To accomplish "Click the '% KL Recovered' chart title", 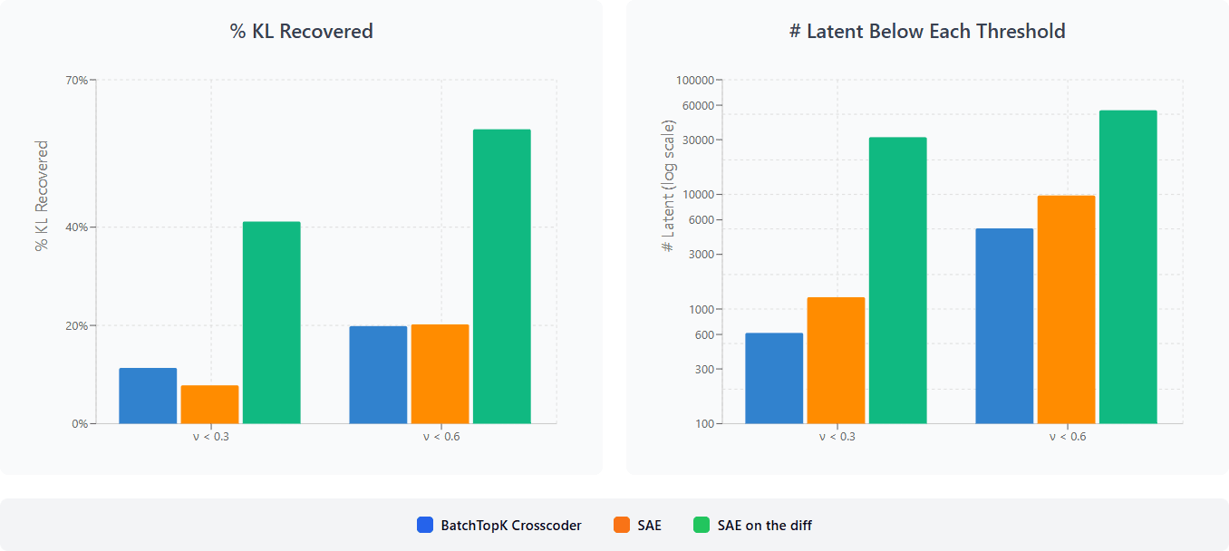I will point(301,31).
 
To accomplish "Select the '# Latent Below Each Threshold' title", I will point(926,31).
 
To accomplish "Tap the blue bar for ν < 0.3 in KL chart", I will point(148,395).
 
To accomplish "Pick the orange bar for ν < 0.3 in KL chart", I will point(209,404).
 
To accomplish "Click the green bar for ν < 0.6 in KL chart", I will point(501,276).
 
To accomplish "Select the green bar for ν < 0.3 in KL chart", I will point(271,323).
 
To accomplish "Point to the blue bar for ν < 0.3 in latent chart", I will point(774,378).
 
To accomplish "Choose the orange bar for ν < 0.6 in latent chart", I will point(1066,309).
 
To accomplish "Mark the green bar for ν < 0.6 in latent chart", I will point(1127,266).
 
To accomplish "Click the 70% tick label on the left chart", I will point(76,80).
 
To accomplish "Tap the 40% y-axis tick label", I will point(76,227).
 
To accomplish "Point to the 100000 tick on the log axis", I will point(695,80).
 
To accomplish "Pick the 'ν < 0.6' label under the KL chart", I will point(441,437).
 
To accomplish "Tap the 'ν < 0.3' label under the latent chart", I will point(837,437).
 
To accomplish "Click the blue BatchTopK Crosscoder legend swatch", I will point(425,525).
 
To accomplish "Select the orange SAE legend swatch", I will point(622,525).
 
